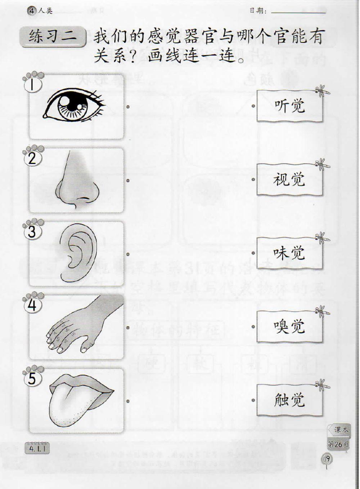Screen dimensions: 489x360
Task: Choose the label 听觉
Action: pos(289,106)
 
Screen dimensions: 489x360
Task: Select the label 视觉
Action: pos(289,179)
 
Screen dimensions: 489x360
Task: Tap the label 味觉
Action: pos(289,253)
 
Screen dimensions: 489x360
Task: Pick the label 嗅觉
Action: pos(289,326)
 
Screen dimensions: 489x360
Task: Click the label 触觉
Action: pos(289,400)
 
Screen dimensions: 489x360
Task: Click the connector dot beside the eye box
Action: pos(128,107)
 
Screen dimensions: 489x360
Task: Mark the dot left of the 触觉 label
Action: pos(253,400)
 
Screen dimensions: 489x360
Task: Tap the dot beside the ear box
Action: pos(128,254)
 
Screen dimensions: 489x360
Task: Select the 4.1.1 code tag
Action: pos(37,449)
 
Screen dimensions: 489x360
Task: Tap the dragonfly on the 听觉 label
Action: pos(321,92)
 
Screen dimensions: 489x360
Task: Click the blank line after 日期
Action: pos(298,12)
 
